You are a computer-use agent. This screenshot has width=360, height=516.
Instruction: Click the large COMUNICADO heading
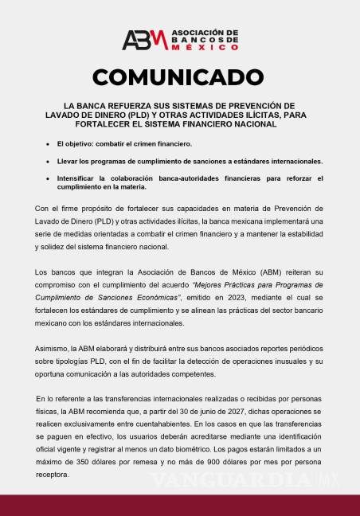coord(179,77)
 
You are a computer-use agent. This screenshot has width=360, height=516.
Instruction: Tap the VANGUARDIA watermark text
coord(232,481)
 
